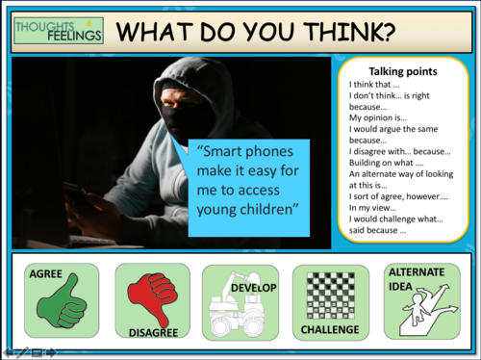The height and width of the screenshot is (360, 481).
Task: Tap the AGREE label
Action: (46, 274)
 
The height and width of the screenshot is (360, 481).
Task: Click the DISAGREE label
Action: (153, 332)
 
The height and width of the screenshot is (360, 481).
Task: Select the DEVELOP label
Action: (254, 288)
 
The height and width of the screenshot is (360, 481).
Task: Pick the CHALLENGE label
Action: (330, 329)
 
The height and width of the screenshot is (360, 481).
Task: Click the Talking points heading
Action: (403, 71)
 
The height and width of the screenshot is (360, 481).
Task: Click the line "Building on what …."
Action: (384, 162)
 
